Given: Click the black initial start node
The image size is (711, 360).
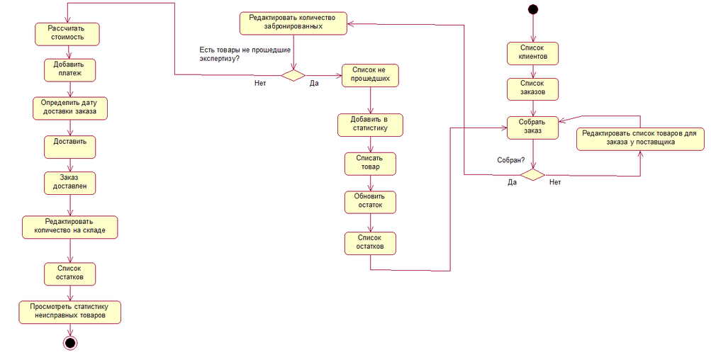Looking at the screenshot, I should click(x=532, y=9).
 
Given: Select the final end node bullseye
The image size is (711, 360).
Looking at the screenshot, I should click(x=69, y=343).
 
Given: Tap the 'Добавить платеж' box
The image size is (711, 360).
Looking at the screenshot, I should click(x=69, y=69).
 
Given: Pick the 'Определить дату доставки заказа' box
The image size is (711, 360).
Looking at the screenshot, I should click(x=69, y=107).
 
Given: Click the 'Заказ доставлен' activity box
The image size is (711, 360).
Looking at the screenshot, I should click(x=69, y=182).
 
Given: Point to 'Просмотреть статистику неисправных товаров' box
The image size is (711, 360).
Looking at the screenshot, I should click(x=69, y=311).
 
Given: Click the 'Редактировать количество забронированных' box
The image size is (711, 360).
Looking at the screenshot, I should click(x=293, y=23).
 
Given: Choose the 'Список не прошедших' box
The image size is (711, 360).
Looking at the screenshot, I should click(x=371, y=75).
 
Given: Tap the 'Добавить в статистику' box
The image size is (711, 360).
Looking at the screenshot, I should click(x=371, y=124).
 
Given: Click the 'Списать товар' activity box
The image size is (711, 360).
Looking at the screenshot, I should click(x=370, y=163).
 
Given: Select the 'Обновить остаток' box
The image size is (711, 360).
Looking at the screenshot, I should click(x=370, y=201).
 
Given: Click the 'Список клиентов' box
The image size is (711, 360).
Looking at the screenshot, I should click(x=532, y=52).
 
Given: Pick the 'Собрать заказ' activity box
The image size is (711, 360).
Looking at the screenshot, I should click(x=532, y=126).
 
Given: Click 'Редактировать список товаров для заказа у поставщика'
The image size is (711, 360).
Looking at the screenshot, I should click(x=640, y=137).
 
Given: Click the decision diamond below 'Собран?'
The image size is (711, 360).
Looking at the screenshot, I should click(x=532, y=174).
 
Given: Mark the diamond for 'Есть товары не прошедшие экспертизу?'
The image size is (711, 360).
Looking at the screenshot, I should click(x=293, y=74).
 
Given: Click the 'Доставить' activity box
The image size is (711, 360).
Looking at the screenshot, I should click(x=69, y=146).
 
